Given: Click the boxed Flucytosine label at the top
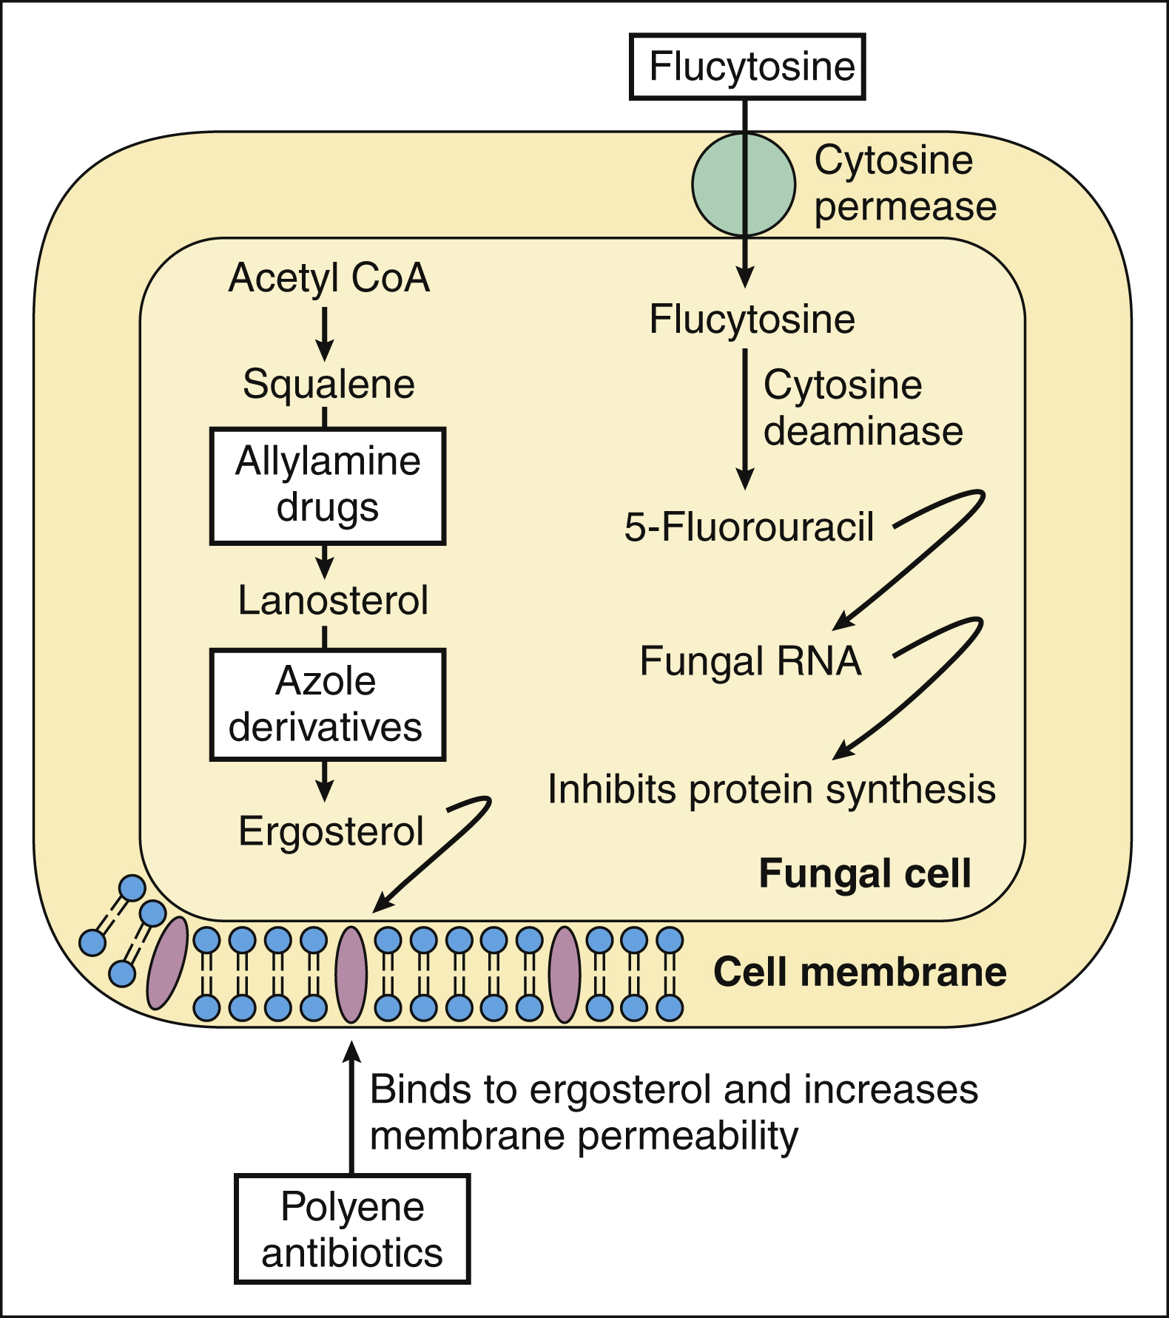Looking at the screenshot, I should point(747,67).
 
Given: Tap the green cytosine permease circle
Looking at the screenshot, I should point(743,184).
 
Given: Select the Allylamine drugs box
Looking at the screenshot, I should point(328,486).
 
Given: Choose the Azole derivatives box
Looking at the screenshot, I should point(327,704).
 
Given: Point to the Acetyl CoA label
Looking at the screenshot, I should point(329,278).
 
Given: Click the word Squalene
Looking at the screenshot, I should point(329,385).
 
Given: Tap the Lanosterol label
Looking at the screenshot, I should point(333,600).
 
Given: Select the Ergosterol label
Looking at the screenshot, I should point(331,831).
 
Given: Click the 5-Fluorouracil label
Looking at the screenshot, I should point(749,527).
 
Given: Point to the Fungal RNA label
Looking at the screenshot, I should point(750,661).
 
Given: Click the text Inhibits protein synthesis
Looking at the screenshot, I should point(771,789).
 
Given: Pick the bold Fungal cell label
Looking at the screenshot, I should point(864,873).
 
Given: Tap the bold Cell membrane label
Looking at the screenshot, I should point(860,972).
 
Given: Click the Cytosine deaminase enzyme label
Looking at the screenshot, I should point(863,408).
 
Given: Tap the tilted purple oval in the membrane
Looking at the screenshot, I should point(167,962).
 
